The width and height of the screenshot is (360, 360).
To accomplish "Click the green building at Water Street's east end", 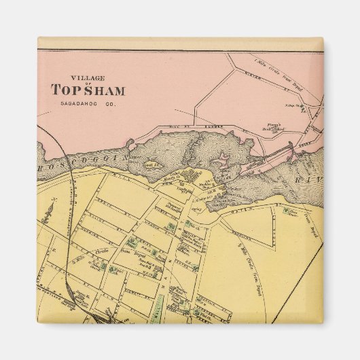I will (293, 213).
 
